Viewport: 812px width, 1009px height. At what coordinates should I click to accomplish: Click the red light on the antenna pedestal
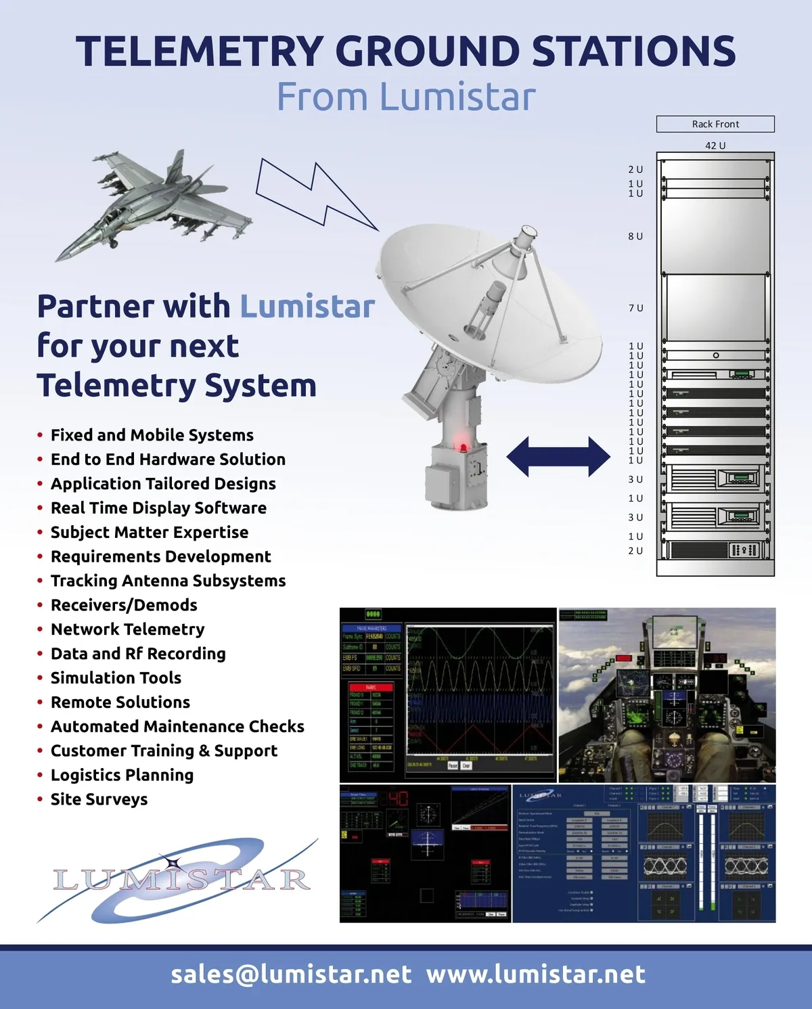(x=464, y=447)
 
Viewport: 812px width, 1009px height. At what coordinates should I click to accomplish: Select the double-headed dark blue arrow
(x=558, y=457)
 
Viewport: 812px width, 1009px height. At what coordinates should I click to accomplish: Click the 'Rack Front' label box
(x=715, y=124)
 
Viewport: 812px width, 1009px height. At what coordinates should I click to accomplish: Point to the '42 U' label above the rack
(x=715, y=145)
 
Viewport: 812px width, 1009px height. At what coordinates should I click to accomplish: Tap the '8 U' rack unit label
(x=635, y=236)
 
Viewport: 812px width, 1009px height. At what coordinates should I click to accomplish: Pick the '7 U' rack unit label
(x=635, y=308)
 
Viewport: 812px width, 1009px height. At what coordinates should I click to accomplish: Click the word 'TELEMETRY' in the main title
(x=200, y=51)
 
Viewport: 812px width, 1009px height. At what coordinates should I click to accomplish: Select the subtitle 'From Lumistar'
(x=406, y=97)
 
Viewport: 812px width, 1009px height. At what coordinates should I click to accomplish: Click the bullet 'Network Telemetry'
(x=127, y=629)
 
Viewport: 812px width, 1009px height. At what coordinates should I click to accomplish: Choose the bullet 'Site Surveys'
(x=99, y=799)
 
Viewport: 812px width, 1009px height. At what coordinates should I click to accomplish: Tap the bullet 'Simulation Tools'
(x=116, y=678)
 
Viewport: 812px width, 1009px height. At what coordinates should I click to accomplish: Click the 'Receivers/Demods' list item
(x=124, y=605)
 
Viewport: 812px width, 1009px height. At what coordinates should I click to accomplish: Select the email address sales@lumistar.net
(x=291, y=974)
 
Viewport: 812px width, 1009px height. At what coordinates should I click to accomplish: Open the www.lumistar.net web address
(x=536, y=974)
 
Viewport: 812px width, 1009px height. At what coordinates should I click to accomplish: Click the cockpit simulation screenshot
(x=667, y=695)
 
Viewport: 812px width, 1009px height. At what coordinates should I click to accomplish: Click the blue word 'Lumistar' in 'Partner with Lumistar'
(x=307, y=307)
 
